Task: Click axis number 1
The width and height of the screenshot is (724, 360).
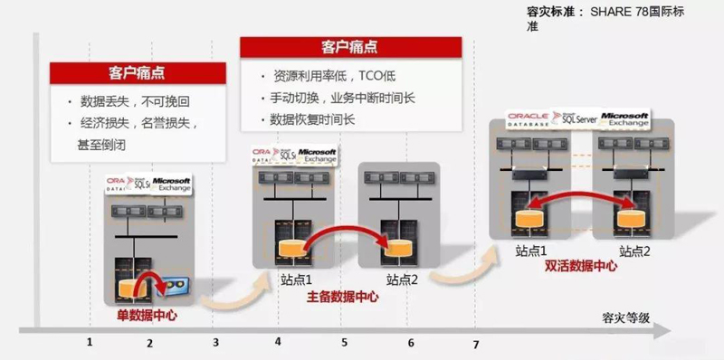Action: [x=90, y=342]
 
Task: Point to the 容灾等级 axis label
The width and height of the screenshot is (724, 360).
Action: [x=625, y=317]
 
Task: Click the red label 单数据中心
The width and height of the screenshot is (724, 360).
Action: [x=148, y=316]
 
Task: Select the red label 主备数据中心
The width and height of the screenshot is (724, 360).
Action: [x=342, y=296]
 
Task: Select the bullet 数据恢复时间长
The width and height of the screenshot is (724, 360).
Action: [x=312, y=119]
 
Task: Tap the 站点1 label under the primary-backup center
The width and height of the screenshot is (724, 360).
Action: [x=295, y=279]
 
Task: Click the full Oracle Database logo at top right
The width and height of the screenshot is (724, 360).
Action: [x=532, y=118]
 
